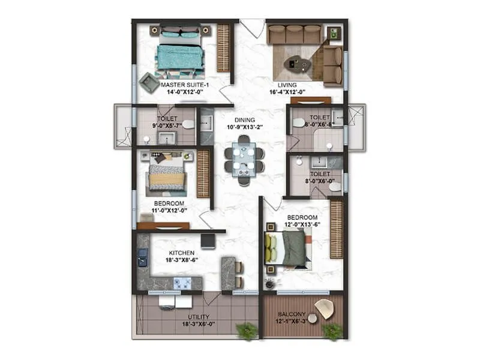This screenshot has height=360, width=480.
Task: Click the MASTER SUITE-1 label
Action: (x=184, y=86)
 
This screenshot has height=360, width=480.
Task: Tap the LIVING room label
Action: (x=283, y=85)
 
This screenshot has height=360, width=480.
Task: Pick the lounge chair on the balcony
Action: (x=325, y=308)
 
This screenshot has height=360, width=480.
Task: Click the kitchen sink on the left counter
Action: (x=142, y=260)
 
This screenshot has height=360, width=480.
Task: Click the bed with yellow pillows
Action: (x=287, y=248)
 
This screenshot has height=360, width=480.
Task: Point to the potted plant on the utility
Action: (x=246, y=331)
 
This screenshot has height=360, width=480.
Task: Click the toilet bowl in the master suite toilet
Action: (x=188, y=124)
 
